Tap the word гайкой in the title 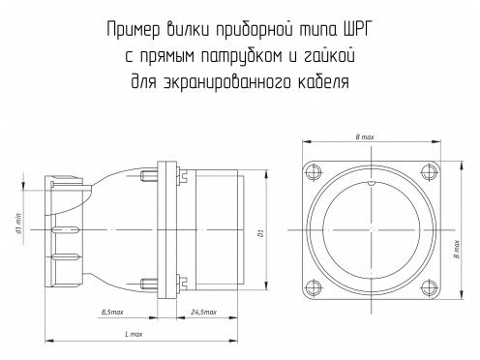pyautogui.click(x=328, y=56)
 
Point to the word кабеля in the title pyautogui.click(x=322, y=82)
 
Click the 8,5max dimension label pyautogui.click(x=112, y=312)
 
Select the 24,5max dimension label pyautogui.click(x=203, y=312)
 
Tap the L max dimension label pyautogui.click(x=134, y=334)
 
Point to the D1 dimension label pyautogui.click(x=261, y=233)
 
